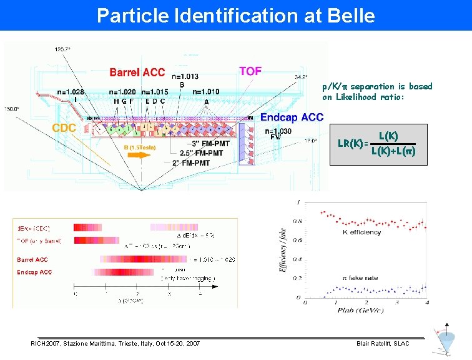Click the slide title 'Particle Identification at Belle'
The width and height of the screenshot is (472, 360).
coord(236,15)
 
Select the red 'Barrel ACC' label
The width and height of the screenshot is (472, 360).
coord(137,72)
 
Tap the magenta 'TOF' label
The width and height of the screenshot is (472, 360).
coord(250,71)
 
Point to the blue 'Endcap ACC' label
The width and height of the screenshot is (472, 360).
coord(292,117)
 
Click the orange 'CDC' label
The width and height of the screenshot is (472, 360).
coord(64,127)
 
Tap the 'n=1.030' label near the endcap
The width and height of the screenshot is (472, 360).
coord(277,132)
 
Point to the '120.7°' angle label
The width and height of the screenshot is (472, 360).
coord(63,48)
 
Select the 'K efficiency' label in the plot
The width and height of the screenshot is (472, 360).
coord(362,232)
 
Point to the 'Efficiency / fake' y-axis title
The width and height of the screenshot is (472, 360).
coord(285,249)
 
